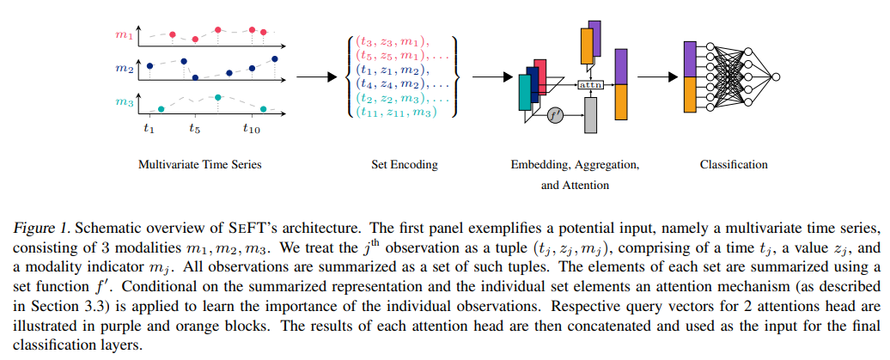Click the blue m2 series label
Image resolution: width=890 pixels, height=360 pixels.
(125, 66)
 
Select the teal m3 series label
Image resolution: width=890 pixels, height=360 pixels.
(125, 103)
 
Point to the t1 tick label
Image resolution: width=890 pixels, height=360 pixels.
(149, 129)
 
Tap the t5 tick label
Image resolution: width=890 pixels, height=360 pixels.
(195, 129)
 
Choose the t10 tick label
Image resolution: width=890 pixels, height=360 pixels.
(251, 129)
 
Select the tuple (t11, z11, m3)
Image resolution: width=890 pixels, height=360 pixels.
(396, 112)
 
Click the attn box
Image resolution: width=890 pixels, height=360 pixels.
(590, 85)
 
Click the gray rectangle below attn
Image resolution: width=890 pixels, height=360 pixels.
(590, 115)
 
